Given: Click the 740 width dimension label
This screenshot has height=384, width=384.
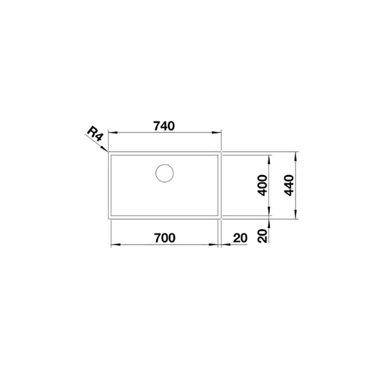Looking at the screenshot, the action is (164, 126).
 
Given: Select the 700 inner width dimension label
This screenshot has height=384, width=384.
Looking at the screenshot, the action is (165, 238).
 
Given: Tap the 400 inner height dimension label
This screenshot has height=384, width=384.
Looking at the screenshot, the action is (263, 185).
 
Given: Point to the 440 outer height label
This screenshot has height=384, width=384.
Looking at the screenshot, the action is (289, 185).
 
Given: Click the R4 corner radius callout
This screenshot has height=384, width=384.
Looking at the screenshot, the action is (95, 134).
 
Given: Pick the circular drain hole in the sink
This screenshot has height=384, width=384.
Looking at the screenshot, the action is (165, 173).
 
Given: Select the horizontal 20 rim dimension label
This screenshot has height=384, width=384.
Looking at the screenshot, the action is (240, 238).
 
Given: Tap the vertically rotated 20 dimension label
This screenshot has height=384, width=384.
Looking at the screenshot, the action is (263, 236).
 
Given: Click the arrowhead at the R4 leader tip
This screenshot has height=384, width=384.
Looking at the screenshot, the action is (105, 149).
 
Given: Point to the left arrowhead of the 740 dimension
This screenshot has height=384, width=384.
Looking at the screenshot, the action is (112, 132).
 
